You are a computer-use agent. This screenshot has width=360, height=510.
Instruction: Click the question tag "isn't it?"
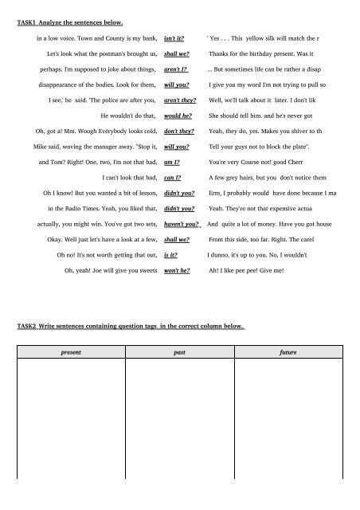click(x=174, y=38)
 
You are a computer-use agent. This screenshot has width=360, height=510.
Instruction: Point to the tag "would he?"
click(x=176, y=116)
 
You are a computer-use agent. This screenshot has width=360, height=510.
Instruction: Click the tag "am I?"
click(x=171, y=162)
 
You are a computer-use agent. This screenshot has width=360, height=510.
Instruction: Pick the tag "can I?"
click(x=172, y=178)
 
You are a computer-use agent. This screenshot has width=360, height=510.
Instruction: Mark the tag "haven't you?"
click(x=181, y=224)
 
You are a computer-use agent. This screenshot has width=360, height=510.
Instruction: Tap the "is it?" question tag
click(x=170, y=255)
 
